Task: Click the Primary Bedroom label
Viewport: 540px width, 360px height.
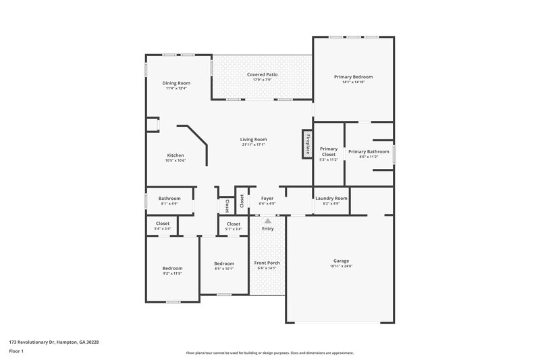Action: [x=353, y=77]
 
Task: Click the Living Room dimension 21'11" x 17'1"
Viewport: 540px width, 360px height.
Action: [x=253, y=145]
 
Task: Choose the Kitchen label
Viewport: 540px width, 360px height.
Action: [x=175, y=155]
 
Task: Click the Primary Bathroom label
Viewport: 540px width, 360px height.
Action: [x=369, y=151]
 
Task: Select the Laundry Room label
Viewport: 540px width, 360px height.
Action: [x=331, y=198]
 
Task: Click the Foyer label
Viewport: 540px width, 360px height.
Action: [x=267, y=198]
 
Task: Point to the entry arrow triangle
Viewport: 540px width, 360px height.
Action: [x=268, y=220]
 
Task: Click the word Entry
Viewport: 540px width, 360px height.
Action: [x=268, y=228]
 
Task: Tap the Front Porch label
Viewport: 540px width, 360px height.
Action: [x=267, y=263]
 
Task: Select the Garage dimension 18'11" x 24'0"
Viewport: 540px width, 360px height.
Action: [x=341, y=266]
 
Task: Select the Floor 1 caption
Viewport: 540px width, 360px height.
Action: [x=17, y=351]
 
